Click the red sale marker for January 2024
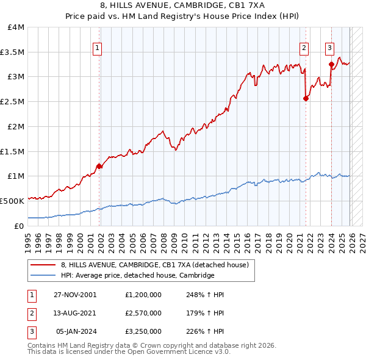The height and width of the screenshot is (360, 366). (331, 63)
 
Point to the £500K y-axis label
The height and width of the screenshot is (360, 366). (12, 201)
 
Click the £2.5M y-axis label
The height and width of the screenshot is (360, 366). (12, 102)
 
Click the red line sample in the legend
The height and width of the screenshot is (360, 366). (43, 265)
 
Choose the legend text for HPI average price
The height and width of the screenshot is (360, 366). (137, 276)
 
